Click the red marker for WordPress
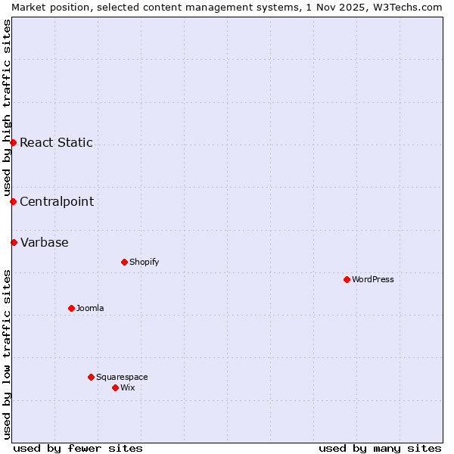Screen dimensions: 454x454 click(x=347, y=279)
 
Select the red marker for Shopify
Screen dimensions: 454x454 click(x=124, y=262)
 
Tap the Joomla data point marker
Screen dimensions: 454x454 click(x=71, y=308)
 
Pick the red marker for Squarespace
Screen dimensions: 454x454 click(x=91, y=377)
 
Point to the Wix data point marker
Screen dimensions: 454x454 click(x=115, y=387)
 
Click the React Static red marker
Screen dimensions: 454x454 click(x=13, y=142)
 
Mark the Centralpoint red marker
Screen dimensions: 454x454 click(x=13, y=201)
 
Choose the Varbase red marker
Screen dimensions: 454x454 click(x=14, y=242)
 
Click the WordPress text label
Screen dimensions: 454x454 click(x=373, y=279)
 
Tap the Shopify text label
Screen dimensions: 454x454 click(x=144, y=262)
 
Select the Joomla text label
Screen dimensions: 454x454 click(x=90, y=308)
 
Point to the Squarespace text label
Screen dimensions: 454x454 click(x=122, y=377)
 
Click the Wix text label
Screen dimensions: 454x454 click(x=127, y=387)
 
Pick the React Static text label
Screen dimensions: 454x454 click(x=56, y=142)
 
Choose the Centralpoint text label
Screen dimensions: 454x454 click(x=57, y=201)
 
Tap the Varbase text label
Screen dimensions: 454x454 click(x=44, y=242)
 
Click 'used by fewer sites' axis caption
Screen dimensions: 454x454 click(x=78, y=448)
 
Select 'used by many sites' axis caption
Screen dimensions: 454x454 click(x=380, y=448)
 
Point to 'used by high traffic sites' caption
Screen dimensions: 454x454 click(x=7, y=107)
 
